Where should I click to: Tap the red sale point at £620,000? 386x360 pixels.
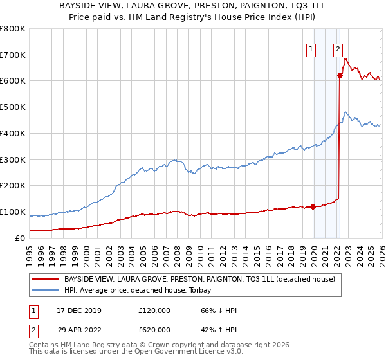pos(340,76)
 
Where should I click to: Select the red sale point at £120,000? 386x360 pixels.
pos(313,206)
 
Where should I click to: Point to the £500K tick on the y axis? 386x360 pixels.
pos(13,107)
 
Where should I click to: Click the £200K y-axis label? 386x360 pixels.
pos(13,186)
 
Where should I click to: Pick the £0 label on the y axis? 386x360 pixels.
pos(20,239)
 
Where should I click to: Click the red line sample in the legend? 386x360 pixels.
pos(45,280)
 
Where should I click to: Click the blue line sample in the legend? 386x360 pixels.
pos(45,290)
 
